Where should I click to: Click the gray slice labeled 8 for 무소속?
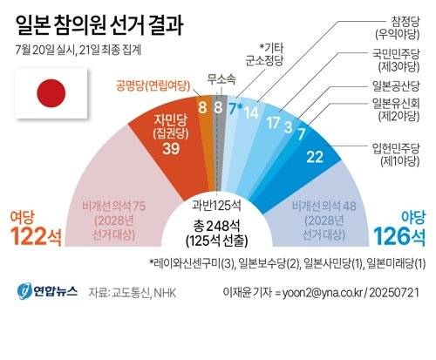[218, 109]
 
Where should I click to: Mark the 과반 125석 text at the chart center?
[218, 206]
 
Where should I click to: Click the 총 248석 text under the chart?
[218, 228]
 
